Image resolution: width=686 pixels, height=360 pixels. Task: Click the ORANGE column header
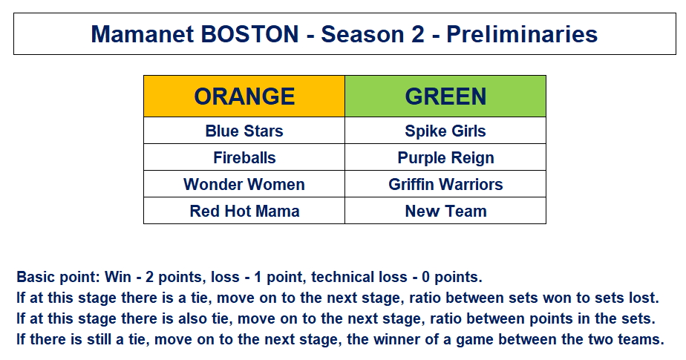(x=244, y=96)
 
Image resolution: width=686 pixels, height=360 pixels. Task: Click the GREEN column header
(x=445, y=96)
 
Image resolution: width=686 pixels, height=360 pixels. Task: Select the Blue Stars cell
(x=244, y=131)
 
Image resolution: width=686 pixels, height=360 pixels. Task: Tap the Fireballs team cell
(x=244, y=157)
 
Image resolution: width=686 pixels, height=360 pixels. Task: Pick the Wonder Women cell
(x=244, y=184)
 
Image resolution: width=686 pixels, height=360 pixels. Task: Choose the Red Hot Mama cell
(x=244, y=211)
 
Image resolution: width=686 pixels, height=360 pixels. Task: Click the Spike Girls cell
(x=445, y=131)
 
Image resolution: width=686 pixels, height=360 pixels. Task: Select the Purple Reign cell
(x=445, y=157)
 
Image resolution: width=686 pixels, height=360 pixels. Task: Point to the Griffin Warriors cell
(x=445, y=184)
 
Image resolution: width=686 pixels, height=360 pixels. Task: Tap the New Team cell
(x=445, y=211)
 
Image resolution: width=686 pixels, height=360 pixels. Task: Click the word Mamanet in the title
(x=143, y=34)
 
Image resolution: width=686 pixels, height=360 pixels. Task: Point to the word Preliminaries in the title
(x=522, y=34)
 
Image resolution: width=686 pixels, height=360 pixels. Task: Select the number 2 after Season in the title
(x=418, y=34)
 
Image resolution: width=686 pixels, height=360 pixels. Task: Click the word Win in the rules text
(x=118, y=277)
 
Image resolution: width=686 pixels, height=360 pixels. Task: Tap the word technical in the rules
(x=337, y=277)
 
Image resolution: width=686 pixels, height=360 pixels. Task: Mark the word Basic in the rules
(x=36, y=277)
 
